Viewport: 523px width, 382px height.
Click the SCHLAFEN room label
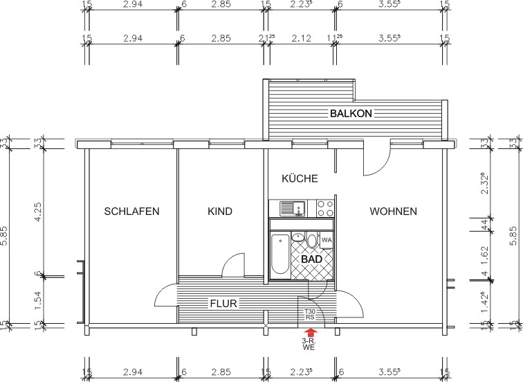click(131, 211)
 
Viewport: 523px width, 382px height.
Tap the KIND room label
click(220, 211)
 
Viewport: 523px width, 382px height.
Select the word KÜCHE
click(300, 179)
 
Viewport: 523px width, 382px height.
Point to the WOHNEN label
click(393, 211)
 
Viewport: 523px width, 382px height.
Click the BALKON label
click(351, 113)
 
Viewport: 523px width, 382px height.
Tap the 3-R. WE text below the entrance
click(310, 345)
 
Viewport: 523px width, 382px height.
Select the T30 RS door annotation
click(310, 315)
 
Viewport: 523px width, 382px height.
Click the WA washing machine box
click(327, 241)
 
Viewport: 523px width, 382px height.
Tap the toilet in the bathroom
click(312, 241)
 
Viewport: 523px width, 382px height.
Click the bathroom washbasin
click(298, 238)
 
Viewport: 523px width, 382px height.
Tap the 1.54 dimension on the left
click(38, 298)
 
